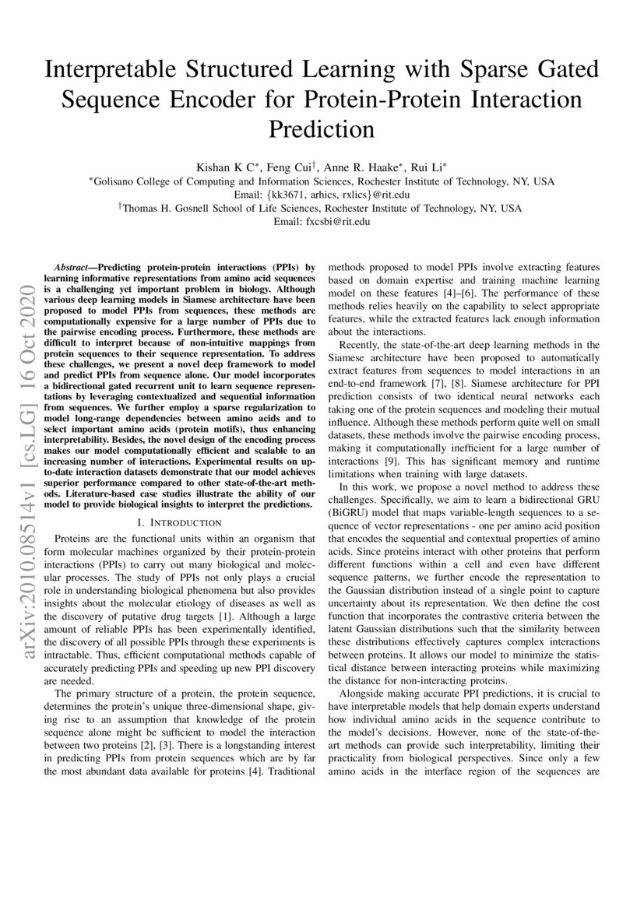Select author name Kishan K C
[227, 167]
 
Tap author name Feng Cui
[293, 167]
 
